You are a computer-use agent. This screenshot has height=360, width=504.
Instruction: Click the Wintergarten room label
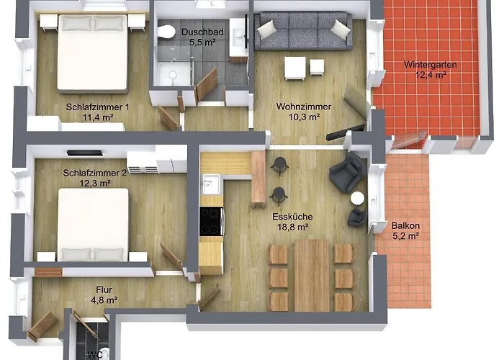click(x=430, y=65)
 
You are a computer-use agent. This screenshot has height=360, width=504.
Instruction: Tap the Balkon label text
click(x=405, y=225)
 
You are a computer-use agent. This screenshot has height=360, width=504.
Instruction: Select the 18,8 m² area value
click(x=293, y=228)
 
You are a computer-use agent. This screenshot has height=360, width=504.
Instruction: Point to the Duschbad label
click(x=202, y=32)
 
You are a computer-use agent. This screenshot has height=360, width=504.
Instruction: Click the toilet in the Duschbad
click(x=166, y=32)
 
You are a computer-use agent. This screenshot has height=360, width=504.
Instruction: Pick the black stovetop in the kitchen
click(x=211, y=222)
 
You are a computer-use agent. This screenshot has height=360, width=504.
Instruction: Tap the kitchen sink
click(x=210, y=184)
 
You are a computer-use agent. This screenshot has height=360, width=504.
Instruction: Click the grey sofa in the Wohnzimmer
click(x=303, y=30)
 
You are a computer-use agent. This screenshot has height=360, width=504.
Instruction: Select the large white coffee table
click(x=294, y=68)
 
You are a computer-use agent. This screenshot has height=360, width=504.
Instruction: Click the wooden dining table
click(x=312, y=276)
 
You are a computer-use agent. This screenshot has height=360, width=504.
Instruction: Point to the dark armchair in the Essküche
click(x=347, y=172)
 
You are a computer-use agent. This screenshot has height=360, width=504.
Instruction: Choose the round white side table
click(x=357, y=198)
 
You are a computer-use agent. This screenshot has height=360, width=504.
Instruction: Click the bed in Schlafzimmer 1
click(x=93, y=53)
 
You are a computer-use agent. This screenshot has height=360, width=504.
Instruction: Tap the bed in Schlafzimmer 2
click(x=93, y=225)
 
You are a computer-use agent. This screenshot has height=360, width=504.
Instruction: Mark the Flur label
click(x=104, y=290)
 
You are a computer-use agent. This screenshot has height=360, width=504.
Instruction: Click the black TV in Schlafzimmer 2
click(x=84, y=153)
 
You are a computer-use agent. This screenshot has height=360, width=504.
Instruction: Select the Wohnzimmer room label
click(x=304, y=107)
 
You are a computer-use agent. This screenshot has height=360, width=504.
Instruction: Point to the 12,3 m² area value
click(x=95, y=184)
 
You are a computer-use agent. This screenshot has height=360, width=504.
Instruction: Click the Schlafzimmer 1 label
click(x=98, y=107)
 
